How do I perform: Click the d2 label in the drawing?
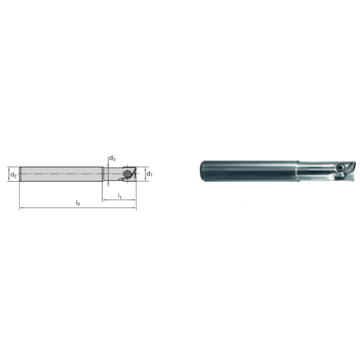13,174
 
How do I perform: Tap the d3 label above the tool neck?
113,159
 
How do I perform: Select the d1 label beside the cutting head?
149,174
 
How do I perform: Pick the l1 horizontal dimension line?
111,200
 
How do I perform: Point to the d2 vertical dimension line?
8,174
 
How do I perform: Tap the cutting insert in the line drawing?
130,173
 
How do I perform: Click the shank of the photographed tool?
249,170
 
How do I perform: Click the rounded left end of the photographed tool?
202,170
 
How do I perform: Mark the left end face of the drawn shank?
20,173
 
